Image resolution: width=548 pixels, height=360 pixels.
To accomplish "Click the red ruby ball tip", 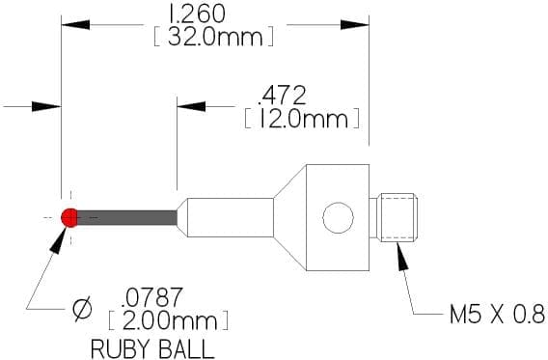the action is (x=69, y=218).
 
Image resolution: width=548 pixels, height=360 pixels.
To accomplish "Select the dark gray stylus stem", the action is (x=126, y=218).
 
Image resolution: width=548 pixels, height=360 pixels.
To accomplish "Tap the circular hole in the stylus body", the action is (x=338, y=217).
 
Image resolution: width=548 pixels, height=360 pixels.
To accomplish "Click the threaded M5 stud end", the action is (x=398, y=217).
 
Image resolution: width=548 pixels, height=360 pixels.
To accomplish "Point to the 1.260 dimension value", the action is (x=197, y=14).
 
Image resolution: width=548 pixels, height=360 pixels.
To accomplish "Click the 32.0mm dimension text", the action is (x=213, y=37).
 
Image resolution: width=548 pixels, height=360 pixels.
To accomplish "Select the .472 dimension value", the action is (x=282, y=96).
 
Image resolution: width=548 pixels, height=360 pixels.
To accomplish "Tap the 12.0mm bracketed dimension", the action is (x=302, y=119).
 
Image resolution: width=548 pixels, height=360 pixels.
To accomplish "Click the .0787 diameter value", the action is (x=151, y=297).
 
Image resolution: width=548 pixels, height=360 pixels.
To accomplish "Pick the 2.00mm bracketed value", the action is (x=169, y=320).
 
